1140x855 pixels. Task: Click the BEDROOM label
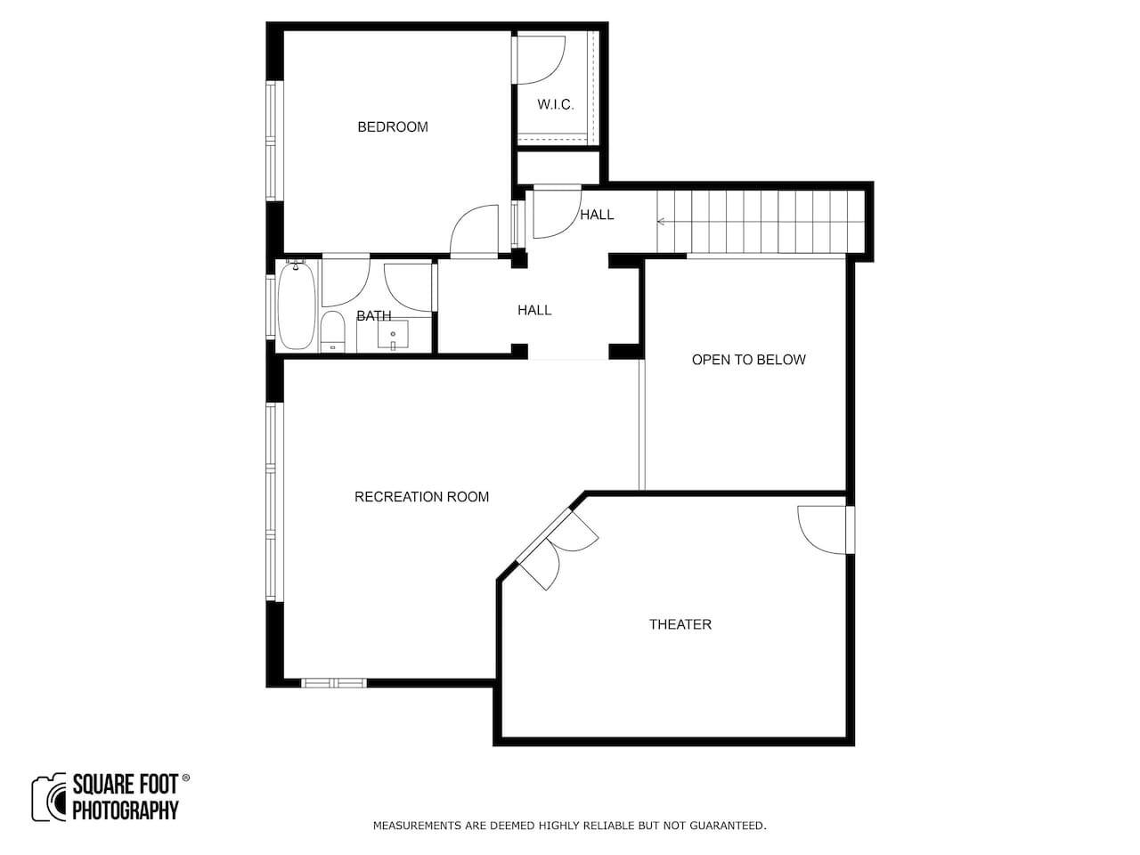[393, 126]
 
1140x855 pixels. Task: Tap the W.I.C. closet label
[556, 104]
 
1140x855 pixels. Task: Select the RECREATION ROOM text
[421, 497]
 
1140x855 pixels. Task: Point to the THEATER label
[680, 624]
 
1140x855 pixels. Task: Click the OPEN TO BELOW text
[748, 360]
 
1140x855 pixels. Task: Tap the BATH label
[373, 315]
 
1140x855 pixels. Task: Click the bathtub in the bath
[297, 305]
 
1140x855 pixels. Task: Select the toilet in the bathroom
[332, 331]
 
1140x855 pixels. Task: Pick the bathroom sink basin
[393, 335]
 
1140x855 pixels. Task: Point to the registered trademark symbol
[186, 778]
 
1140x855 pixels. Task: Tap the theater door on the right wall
[823, 530]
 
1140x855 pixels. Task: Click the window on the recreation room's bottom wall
[334, 682]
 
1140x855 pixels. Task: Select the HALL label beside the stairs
[597, 215]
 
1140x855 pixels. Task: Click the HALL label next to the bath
[534, 311]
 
